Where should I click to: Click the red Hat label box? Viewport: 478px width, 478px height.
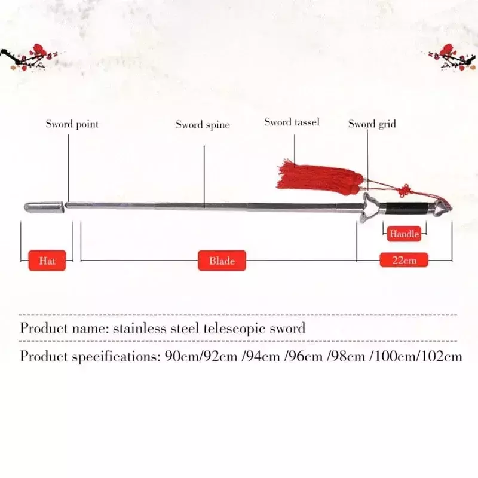pos(47,261)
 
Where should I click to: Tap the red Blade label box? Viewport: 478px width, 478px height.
pos(222,261)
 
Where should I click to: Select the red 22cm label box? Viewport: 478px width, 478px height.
pos(404,260)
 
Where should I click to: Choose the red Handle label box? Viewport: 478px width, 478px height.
pos(404,234)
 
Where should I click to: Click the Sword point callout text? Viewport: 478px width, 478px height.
pos(72,124)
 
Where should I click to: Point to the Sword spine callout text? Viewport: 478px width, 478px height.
pos(203,125)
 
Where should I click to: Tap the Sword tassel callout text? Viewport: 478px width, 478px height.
pos(292,122)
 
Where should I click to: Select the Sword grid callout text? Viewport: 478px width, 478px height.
pos(372,124)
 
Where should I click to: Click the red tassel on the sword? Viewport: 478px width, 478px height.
pos(318,178)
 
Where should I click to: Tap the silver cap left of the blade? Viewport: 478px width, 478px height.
pos(44,206)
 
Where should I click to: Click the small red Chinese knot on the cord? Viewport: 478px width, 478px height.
pos(405,191)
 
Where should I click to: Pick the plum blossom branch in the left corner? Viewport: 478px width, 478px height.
pos(28,58)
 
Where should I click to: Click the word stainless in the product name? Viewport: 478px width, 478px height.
pos(140,328)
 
